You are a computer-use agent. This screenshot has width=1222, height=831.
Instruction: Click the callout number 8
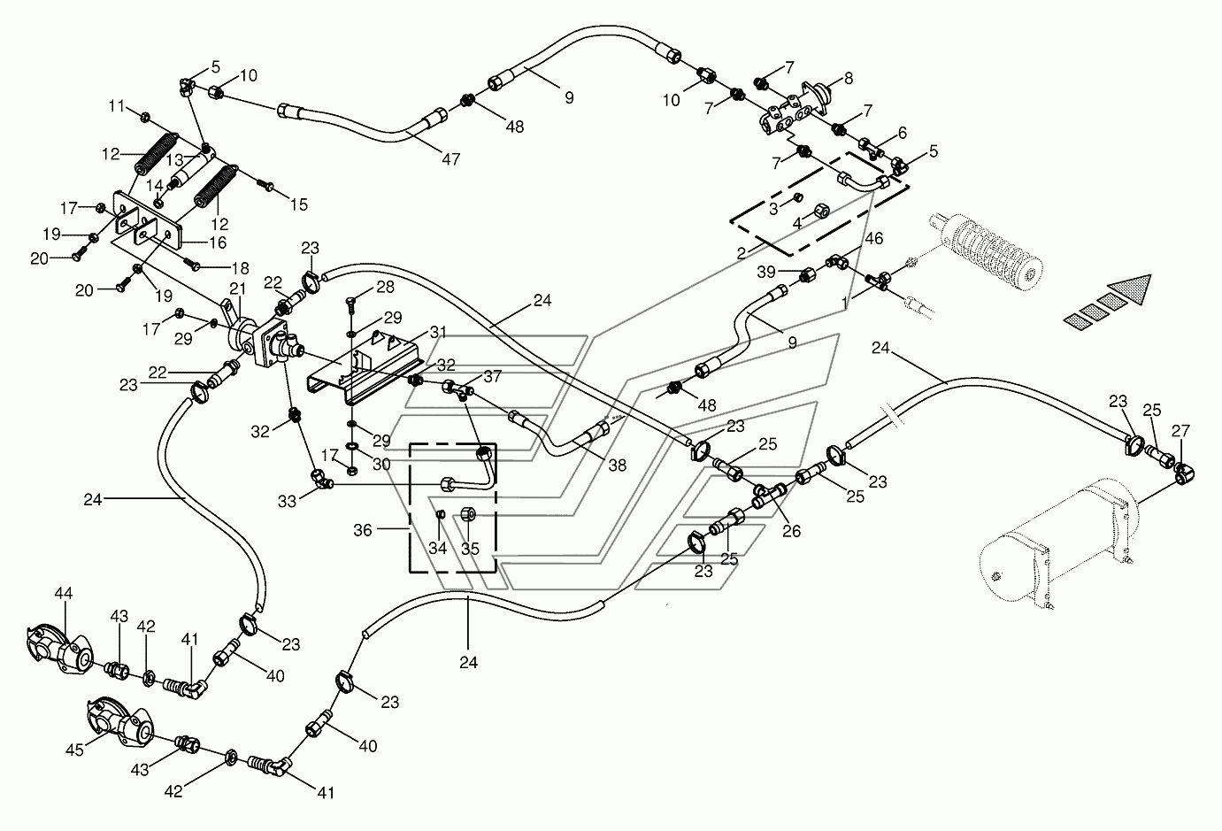849,79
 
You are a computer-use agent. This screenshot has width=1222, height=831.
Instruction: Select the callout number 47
451,159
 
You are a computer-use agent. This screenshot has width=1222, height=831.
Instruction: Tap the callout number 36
363,530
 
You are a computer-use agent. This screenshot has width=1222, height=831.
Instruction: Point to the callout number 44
64,593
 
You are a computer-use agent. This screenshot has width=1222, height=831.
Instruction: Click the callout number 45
74,750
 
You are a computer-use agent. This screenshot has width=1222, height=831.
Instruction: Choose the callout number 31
438,332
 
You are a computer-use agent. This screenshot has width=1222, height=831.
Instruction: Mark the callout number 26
792,531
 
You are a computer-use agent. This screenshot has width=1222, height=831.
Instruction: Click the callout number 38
617,466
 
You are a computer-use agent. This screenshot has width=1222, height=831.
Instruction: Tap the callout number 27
1180,431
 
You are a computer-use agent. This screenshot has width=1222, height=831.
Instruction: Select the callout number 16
218,242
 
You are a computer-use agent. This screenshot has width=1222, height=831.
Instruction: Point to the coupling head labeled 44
59,652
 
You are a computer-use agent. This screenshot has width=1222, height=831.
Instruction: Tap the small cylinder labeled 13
188,170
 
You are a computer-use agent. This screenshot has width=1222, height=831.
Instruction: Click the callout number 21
237,289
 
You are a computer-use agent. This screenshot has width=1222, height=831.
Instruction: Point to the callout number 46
874,238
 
